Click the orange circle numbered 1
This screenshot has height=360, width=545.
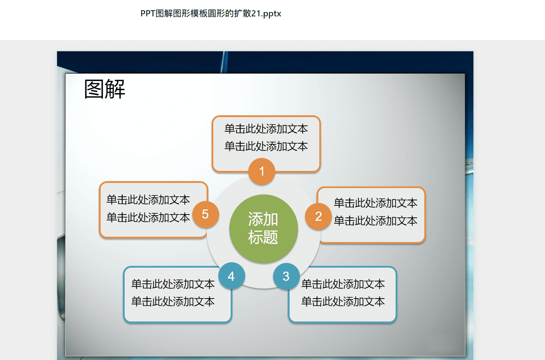click(262, 171)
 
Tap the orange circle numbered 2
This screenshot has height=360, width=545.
click(319, 216)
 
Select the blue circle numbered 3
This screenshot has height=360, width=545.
click(286, 276)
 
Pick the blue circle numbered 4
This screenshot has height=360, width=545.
click(231, 276)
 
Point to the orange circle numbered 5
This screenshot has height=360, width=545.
click(206, 214)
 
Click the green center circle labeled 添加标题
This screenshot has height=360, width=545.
click(263, 229)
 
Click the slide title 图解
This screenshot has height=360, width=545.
click(105, 89)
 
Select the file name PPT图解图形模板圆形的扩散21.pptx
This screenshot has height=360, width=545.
click(211, 13)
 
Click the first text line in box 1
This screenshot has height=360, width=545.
click(266, 129)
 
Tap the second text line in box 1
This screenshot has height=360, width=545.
click(266, 147)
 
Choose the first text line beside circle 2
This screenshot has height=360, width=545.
click(375, 203)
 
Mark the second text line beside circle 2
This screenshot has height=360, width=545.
click(375, 221)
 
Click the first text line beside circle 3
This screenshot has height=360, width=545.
click(343, 284)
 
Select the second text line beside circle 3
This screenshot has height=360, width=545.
click(343, 302)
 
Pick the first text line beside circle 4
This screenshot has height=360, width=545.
click(173, 284)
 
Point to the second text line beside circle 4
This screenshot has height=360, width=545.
click(173, 302)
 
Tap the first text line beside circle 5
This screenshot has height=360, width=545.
click(148, 200)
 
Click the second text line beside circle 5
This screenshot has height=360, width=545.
click(148, 217)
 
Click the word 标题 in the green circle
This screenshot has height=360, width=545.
click(263, 237)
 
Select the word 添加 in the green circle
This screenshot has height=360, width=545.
click(263, 219)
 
